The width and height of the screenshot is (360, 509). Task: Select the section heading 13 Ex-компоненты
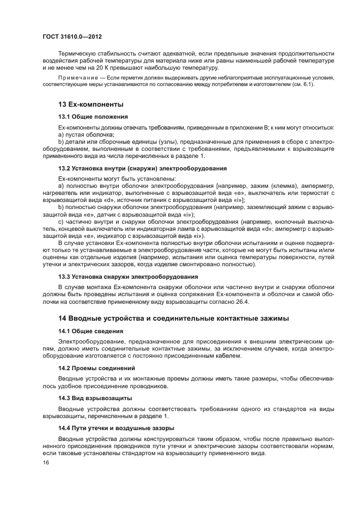pyautogui.click(x=90, y=104)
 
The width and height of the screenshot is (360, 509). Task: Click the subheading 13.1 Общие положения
pyautogui.click(x=93, y=116)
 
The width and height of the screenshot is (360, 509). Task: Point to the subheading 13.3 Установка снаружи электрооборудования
pyautogui.click(x=129, y=277)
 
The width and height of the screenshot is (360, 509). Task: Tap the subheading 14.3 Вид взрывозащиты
pyautogui.click(x=95, y=398)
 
